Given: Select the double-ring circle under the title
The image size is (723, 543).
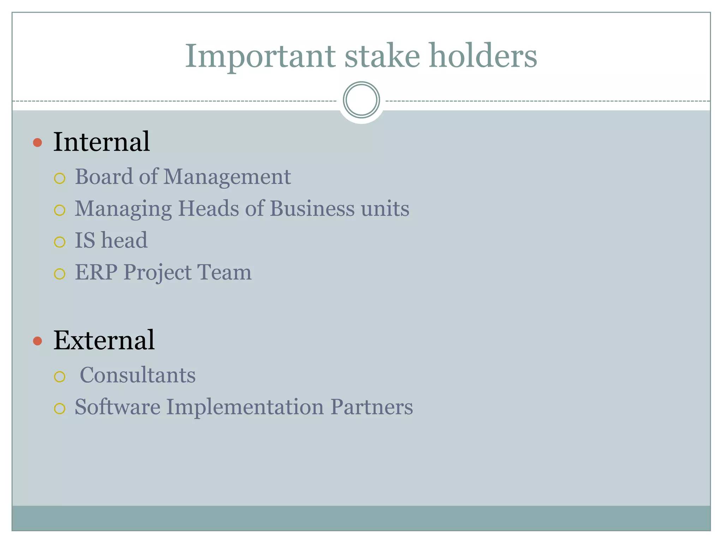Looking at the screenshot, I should [361, 100].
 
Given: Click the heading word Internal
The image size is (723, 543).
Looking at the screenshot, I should [102, 142].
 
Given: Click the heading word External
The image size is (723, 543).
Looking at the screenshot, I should [104, 340].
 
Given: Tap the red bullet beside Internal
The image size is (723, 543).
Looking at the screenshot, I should [37, 143].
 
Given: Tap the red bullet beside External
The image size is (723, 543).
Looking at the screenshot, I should [37, 341].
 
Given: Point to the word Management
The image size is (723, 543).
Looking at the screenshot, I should [227, 177].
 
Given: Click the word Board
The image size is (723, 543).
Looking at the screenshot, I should [104, 176].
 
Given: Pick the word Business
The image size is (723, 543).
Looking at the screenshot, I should [312, 208].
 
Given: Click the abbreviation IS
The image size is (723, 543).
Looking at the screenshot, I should [85, 240].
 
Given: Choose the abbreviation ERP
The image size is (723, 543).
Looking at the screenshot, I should [96, 273].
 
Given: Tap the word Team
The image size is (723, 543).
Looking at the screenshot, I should [224, 273].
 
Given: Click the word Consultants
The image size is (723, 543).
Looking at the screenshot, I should [138, 375].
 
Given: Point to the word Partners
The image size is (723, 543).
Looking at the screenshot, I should [371, 407].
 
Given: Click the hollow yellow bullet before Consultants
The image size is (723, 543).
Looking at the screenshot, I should [60, 377].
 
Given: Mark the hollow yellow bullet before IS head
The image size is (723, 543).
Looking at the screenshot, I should [60, 242].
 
